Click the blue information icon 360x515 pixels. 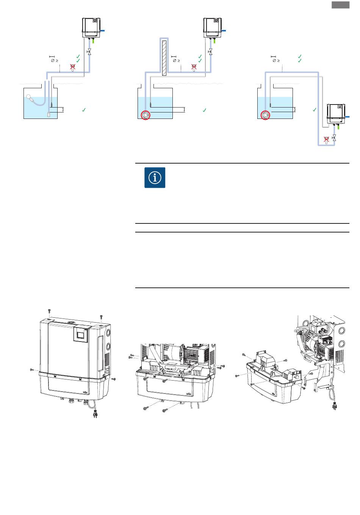tap(155, 178)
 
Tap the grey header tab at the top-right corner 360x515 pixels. tap(340, 5)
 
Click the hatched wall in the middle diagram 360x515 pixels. tap(164, 57)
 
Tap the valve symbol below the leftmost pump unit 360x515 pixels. tap(89, 52)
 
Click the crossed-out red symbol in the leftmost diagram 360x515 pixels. tap(73, 67)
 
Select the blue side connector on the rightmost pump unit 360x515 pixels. tap(347, 117)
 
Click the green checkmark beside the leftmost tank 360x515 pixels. tap(84, 110)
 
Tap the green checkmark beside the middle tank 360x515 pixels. tap(204, 110)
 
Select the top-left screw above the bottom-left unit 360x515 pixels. tap(50, 311)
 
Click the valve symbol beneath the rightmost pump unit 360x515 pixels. tap(334, 138)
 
